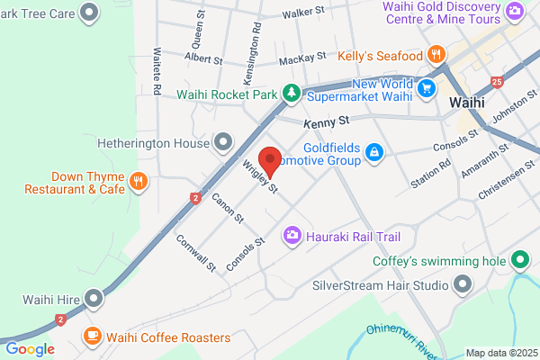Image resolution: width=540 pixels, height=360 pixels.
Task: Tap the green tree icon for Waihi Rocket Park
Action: click(x=292, y=93)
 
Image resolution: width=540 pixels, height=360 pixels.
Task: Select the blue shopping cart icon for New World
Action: click(x=427, y=87)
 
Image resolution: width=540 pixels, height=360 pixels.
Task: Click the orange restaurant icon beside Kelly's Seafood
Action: click(x=436, y=53)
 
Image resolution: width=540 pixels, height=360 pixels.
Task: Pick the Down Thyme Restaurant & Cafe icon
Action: click(x=138, y=183)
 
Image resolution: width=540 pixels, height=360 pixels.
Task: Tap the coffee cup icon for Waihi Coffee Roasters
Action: click(x=92, y=337)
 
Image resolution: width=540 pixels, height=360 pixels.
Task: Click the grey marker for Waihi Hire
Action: click(x=94, y=298)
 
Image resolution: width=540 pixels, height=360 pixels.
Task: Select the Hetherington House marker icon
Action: click(x=224, y=142)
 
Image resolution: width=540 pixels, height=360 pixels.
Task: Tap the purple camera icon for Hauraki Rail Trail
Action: click(x=292, y=236)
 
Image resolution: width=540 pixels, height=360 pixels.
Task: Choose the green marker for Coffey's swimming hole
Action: click(x=519, y=262)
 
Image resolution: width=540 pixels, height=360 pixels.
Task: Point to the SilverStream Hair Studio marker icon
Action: click(x=463, y=286)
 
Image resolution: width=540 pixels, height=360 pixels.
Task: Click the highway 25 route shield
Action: click(x=498, y=83)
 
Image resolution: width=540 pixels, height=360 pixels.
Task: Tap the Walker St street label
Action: click(x=302, y=13)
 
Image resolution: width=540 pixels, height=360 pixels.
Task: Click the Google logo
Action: click(x=30, y=349)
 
